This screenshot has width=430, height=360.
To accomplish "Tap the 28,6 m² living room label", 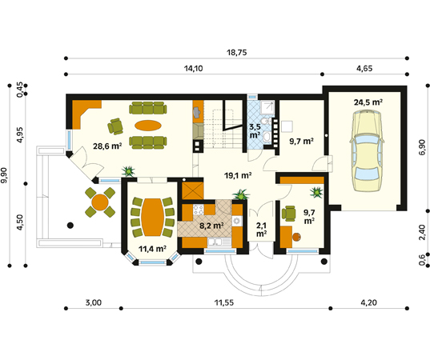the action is (x=107, y=146).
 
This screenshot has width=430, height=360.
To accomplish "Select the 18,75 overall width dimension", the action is (x=237, y=52).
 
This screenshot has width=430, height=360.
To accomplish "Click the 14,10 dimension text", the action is (x=193, y=68).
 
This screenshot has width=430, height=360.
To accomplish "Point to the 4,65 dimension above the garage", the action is (x=364, y=68).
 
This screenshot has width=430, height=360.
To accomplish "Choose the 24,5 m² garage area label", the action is (x=368, y=102).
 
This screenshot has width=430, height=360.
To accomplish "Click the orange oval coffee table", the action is (x=148, y=126).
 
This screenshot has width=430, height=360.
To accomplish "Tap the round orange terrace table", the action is (x=100, y=202).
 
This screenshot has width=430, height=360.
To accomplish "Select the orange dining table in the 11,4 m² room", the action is (x=153, y=217).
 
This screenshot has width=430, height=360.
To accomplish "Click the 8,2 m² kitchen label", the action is (x=211, y=226).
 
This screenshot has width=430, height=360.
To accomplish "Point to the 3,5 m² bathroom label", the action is (x=255, y=131).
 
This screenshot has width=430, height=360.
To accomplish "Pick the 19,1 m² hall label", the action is (x=238, y=175).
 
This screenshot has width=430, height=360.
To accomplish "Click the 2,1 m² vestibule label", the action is (x=261, y=230).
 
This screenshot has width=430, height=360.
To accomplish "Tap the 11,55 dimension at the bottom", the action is (x=224, y=302).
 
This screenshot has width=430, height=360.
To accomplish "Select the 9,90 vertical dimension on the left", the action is (x=4, y=175).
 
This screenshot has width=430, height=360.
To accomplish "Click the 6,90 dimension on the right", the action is (x=422, y=147).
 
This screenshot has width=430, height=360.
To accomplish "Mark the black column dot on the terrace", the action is (x=70, y=226).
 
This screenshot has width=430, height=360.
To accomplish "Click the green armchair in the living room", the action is (x=115, y=126).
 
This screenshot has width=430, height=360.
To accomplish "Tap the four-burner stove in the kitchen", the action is (x=199, y=210).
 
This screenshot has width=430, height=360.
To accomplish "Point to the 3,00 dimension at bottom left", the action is (x=94, y=302).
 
